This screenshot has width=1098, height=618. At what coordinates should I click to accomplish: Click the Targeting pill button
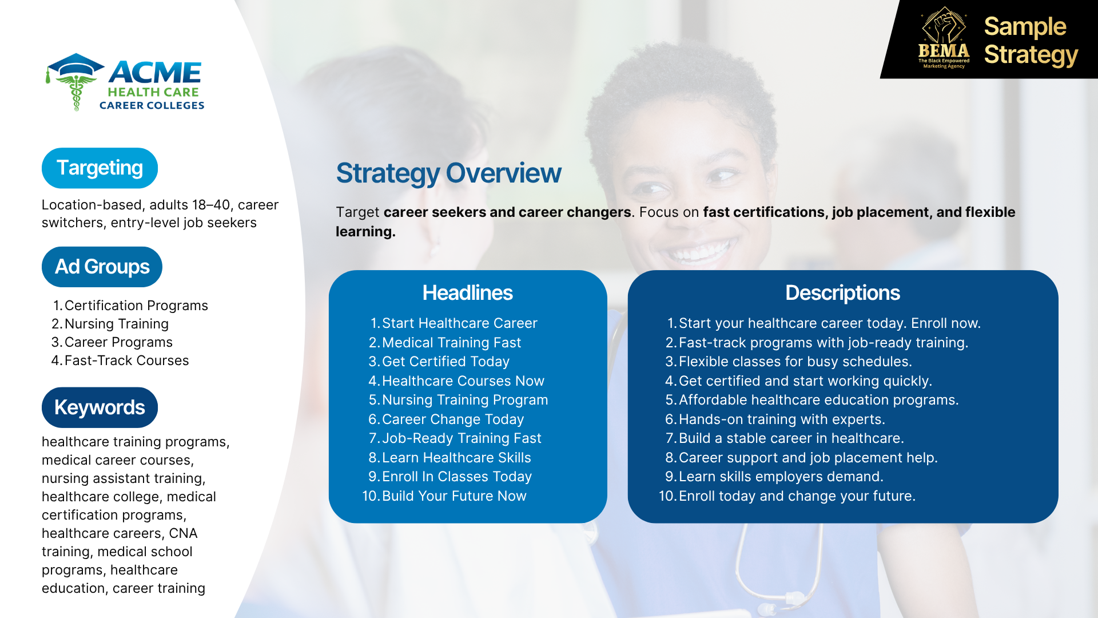pos(100,168)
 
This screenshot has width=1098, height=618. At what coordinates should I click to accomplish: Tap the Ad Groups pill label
pos(102,267)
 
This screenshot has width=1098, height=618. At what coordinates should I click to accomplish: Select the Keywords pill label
pos(100,407)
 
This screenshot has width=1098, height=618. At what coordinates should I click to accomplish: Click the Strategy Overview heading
pos(448,173)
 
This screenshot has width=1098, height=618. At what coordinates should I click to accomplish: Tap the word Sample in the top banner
pos(1025,27)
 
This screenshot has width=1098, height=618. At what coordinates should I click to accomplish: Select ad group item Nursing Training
pos(117,324)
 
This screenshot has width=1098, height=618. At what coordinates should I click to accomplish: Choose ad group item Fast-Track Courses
pos(126,360)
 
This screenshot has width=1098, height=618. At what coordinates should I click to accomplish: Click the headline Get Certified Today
pos(445,362)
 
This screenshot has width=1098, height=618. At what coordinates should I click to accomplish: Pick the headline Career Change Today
pos(453,419)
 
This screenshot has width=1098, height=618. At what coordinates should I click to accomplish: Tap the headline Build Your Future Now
pos(454,496)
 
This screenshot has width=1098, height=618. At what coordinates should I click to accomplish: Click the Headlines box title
pos(467,293)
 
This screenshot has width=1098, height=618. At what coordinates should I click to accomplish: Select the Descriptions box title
pos(842,293)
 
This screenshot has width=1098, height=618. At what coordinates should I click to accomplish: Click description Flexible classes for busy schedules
pos(795,362)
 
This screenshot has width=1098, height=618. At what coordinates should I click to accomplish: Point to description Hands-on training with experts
pos(782,419)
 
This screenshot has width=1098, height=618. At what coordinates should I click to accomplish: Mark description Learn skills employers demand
pos(781,477)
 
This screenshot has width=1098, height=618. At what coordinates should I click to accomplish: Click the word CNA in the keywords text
pos(183,533)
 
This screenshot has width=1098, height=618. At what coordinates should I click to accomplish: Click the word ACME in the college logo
pos(155,73)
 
